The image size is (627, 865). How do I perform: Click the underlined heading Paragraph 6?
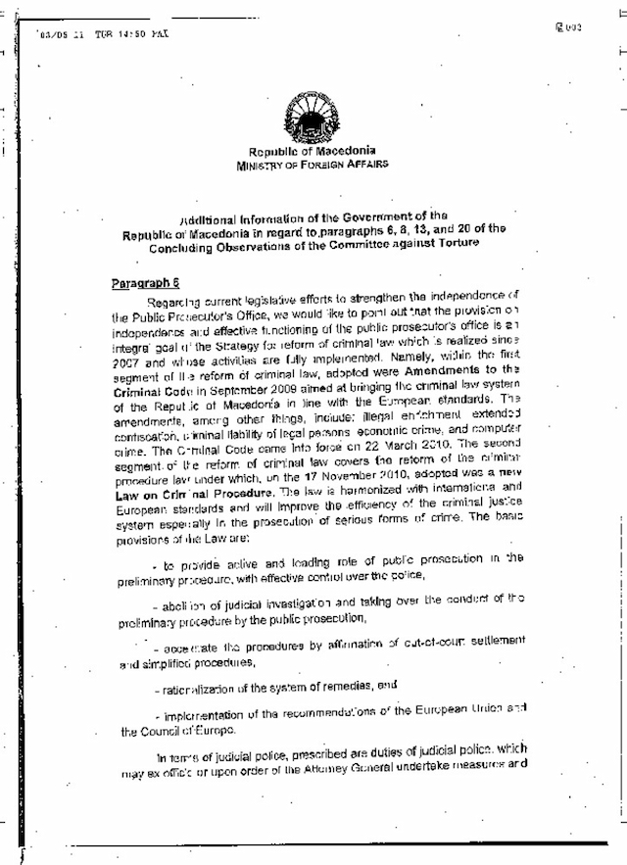[x=142, y=282]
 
